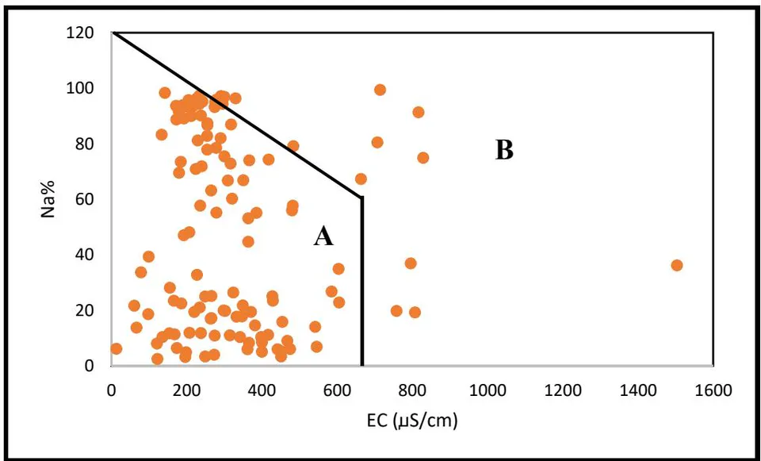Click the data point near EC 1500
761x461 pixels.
click(x=676, y=265)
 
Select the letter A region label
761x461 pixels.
click(x=323, y=237)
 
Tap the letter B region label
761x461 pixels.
click(x=504, y=150)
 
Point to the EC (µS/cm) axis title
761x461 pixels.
click(x=412, y=421)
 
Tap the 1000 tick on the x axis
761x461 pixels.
click(x=488, y=390)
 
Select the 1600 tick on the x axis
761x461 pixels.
click(x=713, y=390)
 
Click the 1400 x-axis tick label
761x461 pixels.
click(x=637, y=390)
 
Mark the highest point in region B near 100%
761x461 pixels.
click(x=380, y=90)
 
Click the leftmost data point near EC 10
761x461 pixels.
click(x=116, y=348)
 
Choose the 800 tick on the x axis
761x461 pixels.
click(x=412, y=390)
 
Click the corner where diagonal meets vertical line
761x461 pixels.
click(x=361, y=198)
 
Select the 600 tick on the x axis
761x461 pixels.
click(x=338, y=390)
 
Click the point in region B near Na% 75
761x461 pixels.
click(x=423, y=157)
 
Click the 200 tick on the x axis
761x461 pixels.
click(x=187, y=390)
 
